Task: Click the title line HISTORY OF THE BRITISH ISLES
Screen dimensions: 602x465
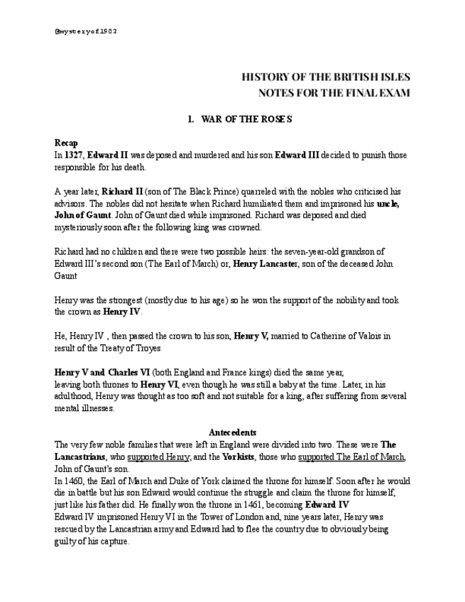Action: coord(325,77)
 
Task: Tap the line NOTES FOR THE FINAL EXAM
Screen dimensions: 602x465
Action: coord(334,93)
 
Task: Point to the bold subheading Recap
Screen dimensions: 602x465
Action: coord(66,143)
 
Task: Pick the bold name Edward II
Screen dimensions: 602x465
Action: coord(107,155)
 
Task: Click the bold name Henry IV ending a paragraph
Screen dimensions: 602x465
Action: coord(122,312)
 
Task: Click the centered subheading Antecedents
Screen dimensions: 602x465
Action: coord(232,432)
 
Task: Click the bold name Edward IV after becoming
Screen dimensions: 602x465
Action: coord(327,505)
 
